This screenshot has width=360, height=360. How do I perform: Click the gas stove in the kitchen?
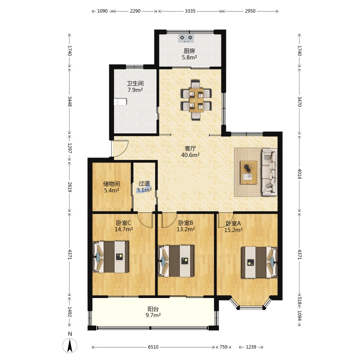(186, 38)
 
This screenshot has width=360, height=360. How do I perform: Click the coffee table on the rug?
(248, 172)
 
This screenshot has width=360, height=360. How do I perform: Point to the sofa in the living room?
(270, 172)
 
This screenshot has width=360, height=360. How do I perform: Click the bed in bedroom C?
(110, 257)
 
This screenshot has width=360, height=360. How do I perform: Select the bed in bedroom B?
(176, 261)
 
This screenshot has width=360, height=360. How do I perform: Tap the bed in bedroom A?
(259, 262)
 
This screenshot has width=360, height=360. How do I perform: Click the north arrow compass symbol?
(70, 345)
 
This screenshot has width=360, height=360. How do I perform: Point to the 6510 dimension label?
(153, 347)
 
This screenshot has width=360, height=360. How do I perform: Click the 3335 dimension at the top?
(190, 11)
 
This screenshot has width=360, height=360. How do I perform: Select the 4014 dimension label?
(299, 174)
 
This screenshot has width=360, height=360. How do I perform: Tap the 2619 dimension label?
(70, 187)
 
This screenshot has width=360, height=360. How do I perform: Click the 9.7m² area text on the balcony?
(153, 315)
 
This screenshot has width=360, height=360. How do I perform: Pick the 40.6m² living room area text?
(190, 155)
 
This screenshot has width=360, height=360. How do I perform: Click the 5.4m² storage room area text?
(112, 190)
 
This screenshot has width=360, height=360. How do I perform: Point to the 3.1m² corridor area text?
(144, 190)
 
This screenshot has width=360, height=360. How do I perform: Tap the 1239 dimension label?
(251, 347)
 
